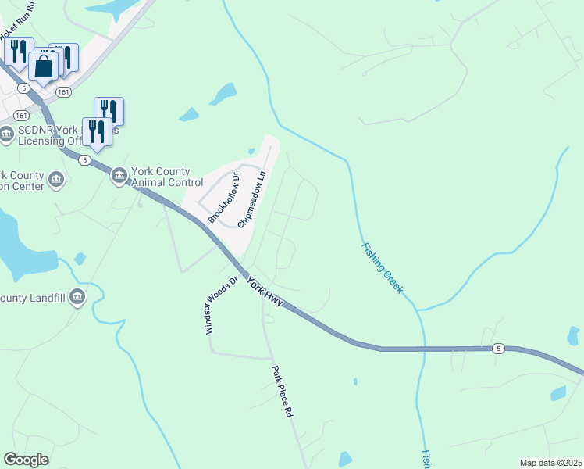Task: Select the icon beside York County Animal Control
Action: coord(119,177)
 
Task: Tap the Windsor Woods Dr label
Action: coord(220,306)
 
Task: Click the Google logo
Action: coord(26,460)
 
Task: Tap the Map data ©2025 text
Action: coord(550,463)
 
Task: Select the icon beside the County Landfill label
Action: coord(77,297)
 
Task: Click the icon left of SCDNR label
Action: coord(7,134)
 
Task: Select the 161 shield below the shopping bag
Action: coord(64,92)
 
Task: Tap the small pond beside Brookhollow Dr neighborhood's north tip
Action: coord(251,151)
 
